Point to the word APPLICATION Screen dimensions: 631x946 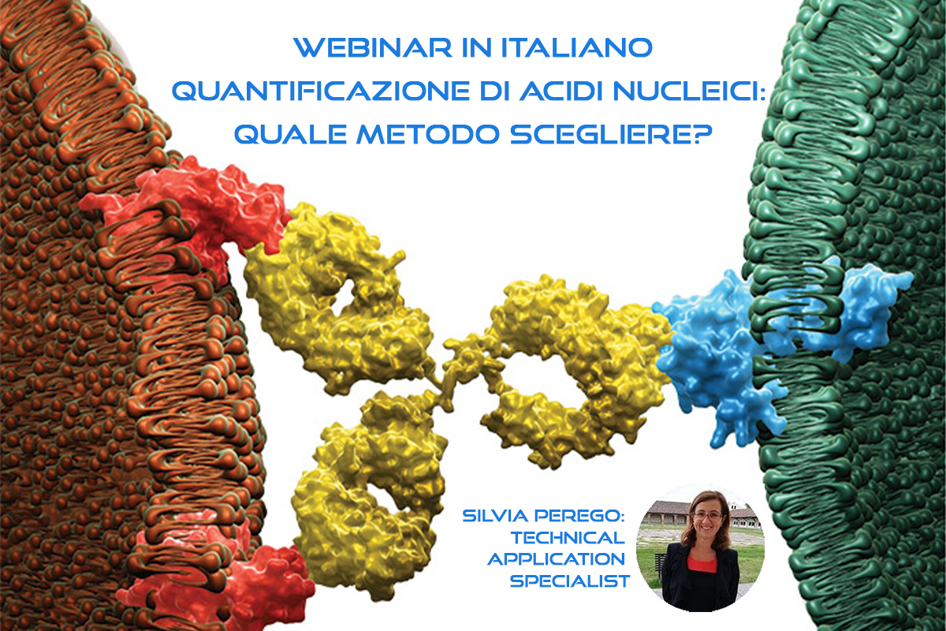click(x=557, y=560)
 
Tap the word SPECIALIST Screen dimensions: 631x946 click(x=569, y=581)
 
